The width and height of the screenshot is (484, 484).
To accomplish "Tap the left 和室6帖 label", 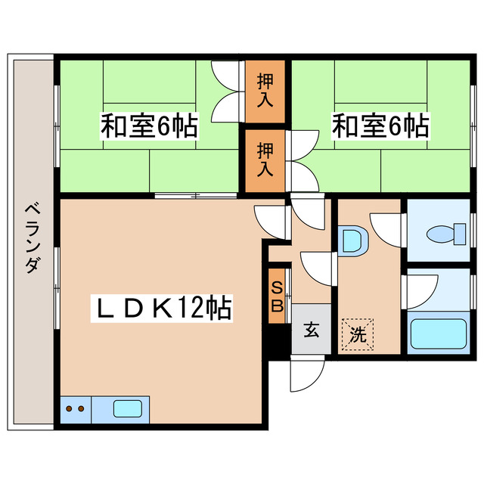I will point(149,126).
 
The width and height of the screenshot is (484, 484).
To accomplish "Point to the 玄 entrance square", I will point(311,329).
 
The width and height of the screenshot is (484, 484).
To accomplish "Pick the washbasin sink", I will point(352,241).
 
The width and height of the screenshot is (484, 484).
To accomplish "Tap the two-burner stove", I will point(75,409).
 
